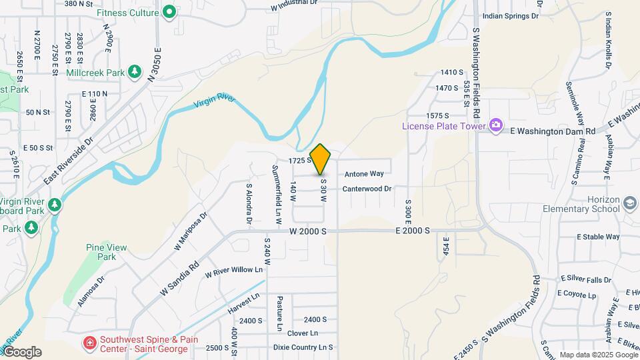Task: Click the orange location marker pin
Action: [x=321, y=159]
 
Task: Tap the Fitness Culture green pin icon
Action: [x=169, y=11]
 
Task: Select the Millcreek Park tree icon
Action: [x=135, y=70]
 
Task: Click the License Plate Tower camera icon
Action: [x=495, y=125]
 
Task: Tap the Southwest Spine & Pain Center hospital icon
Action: [x=89, y=343]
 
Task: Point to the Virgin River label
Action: [x=215, y=103]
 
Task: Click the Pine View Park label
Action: [x=106, y=252]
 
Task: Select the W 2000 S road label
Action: [x=308, y=231]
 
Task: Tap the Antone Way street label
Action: [x=364, y=174]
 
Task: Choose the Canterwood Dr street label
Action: [x=367, y=189]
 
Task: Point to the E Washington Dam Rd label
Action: [x=552, y=131]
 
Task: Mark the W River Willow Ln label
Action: [x=234, y=271]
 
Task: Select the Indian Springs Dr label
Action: [x=509, y=15]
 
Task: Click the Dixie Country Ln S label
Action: [x=303, y=347]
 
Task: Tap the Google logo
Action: [x=22, y=352]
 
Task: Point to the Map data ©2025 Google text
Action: [x=598, y=355]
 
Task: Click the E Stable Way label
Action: [x=599, y=237]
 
